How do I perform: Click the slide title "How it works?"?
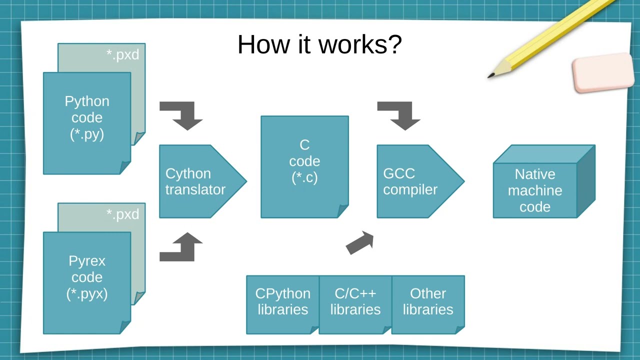coord(319,44)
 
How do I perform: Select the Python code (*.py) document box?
coord(87,118)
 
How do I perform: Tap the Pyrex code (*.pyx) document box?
coord(87,278)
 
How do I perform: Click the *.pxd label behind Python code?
coord(122,54)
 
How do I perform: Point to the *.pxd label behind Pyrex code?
coord(122,214)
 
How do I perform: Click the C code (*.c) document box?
coord(304,161)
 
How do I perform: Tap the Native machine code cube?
coord(535,190)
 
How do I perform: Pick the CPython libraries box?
coord(282,302)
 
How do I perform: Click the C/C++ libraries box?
coord(355,302)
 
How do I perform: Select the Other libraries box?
coord(428,302)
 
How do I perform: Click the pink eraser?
coord(603,73)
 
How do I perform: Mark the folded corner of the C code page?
coord(343,211)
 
